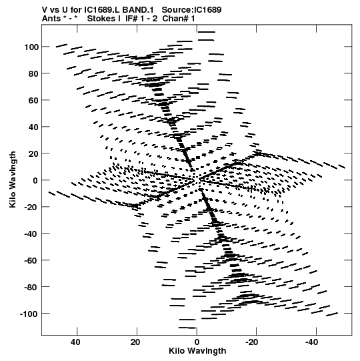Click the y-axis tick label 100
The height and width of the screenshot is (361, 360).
31,47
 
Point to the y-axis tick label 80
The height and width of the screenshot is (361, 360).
33,73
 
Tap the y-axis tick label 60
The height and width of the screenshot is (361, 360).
33,100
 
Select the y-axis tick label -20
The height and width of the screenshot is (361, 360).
31,207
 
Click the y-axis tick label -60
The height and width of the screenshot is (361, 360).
31,260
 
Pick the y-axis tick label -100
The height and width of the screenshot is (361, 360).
29,314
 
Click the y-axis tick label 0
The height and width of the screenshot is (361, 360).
35,180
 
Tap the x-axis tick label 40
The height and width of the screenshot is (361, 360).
76,342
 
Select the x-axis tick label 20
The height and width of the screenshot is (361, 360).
135,342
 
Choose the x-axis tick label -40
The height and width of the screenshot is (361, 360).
311,342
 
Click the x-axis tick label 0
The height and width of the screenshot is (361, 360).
197,342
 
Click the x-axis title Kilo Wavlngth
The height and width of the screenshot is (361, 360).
197,350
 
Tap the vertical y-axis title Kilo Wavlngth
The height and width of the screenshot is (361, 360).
13,179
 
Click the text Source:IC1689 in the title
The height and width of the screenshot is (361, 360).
191,9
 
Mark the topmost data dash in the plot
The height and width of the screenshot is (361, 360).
207,32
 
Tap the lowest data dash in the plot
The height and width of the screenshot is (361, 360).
187,328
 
